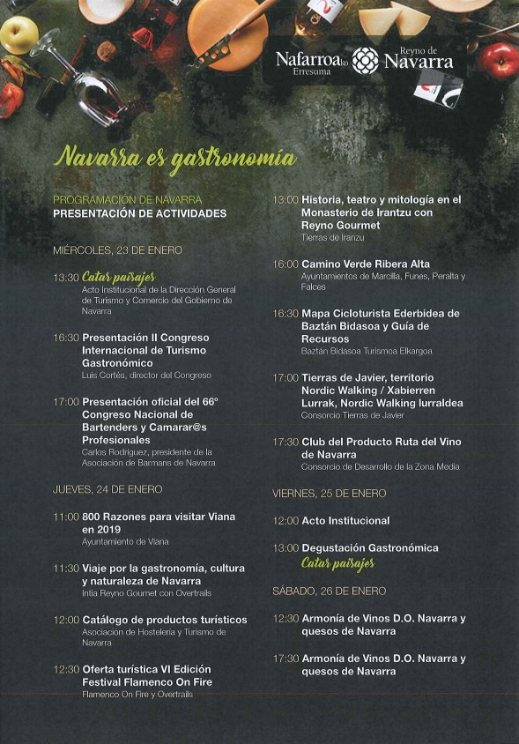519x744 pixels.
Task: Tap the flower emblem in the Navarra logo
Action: (x=365, y=60)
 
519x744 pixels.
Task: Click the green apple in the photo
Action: (x=19, y=35)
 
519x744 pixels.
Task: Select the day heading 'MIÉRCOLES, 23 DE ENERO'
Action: (x=117, y=250)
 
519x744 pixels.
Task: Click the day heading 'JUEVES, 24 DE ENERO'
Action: (x=108, y=489)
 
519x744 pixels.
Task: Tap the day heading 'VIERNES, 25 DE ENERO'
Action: (x=329, y=494)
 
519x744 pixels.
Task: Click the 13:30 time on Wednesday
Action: (x=66, y=278)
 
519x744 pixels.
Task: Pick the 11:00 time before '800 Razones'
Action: (x=66, y=517)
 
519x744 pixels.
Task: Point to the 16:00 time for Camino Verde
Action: (x=285, y=264)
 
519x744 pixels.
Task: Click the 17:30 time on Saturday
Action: (x=285, y=658)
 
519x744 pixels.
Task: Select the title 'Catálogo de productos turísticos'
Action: (x=165, y=620)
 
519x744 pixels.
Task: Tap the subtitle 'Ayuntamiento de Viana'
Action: (x=125, y=541)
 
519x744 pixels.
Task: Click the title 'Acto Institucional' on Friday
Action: (x=345, y=521)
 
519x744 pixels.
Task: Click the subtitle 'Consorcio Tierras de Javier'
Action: (x=352, y=415)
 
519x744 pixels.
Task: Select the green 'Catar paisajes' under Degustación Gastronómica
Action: (x=337, y=563)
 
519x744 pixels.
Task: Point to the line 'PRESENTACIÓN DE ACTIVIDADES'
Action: (x=139, y=213)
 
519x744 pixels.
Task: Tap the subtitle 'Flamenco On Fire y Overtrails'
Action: (x=137, y=694)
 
